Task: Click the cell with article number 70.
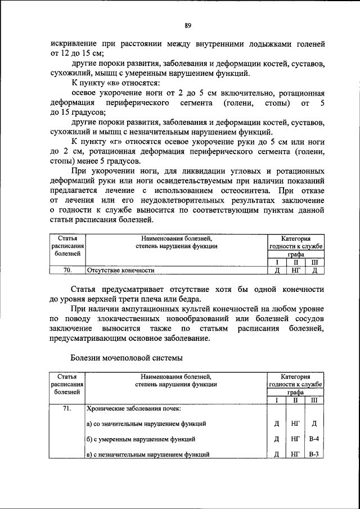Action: [67, 270]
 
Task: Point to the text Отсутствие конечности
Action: [120, 271]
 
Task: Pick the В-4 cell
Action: [314, 439]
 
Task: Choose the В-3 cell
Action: [314, 454]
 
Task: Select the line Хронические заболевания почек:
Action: [134, 409]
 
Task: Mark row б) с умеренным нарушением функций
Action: [141, 439]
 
